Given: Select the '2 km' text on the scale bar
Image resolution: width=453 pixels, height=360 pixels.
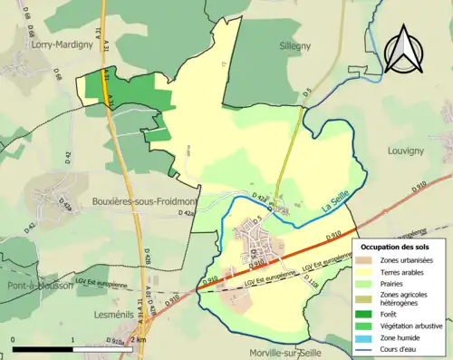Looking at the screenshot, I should click(139, 339).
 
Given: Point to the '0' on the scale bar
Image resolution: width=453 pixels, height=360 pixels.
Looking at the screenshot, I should click(14, 339).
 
